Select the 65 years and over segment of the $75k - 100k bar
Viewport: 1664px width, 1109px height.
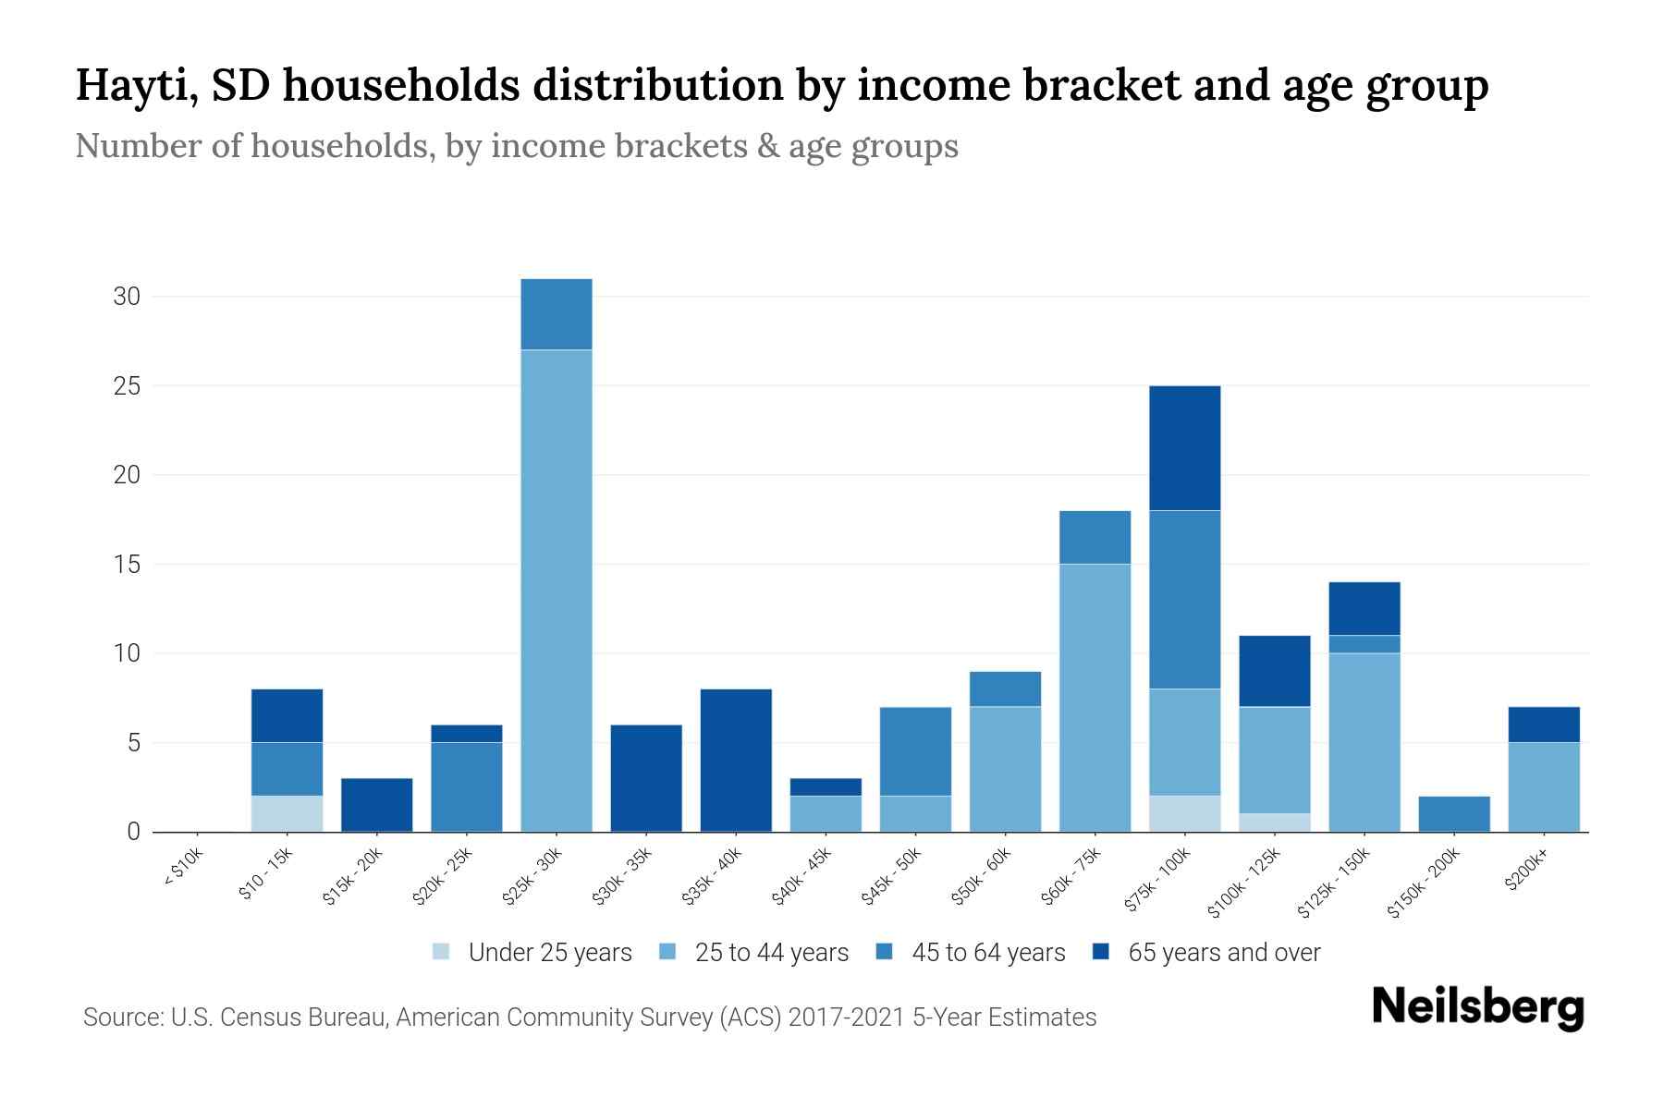pos(1184,448)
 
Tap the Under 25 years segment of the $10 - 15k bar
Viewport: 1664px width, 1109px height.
pos(287,813)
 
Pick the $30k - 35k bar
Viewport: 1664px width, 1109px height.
pos(646,778)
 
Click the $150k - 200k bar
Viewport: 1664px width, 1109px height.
pos(1453,813)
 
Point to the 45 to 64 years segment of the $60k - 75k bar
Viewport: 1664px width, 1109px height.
pos(1095,537)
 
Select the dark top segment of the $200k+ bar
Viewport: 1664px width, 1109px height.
pos(1543,725)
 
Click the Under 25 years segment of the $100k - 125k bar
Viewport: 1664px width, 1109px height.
pos(1274,823)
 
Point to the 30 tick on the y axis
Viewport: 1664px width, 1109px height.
pos(127,297)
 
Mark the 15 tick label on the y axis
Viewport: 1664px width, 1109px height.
pos(127,565)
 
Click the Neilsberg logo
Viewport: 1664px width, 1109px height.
pos(1477,1007)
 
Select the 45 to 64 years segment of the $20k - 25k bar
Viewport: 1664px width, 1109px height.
pos(467,786)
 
